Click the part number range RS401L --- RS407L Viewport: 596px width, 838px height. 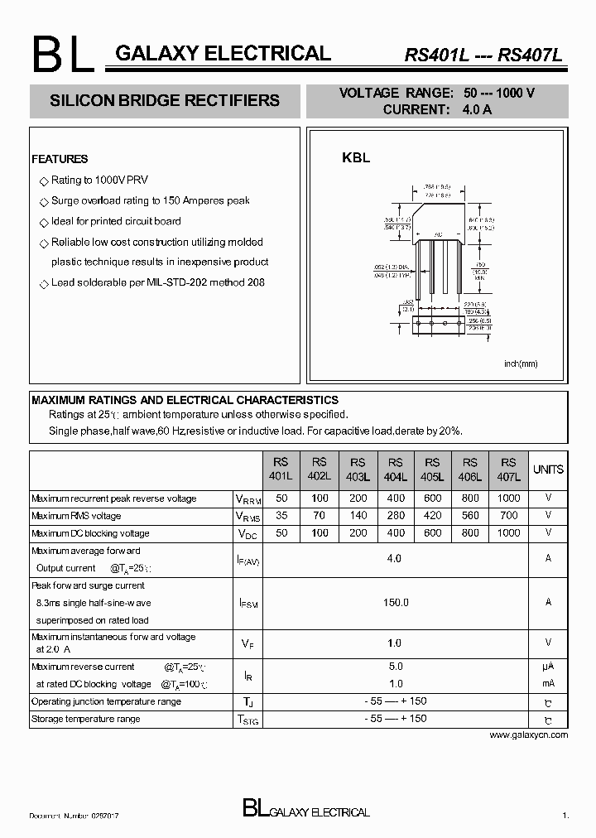click(x=483, y=56)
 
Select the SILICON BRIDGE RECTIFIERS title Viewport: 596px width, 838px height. click(x=165, y=100)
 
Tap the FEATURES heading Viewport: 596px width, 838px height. click(x=60, y=159)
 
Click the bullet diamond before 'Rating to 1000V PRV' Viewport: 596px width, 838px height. click(x=44, y=181)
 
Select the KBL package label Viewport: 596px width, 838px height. click(x=356, y=157)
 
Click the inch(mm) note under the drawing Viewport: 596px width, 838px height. click(x=521, y=364)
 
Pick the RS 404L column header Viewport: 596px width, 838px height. click(x=396, y=470)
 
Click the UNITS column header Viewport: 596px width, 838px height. click(x=548, y=470)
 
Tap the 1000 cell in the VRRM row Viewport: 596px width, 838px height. click(x=508, y=498)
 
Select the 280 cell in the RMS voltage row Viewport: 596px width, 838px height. click(x=396, y=516)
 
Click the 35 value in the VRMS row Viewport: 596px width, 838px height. click(x=281, y=516)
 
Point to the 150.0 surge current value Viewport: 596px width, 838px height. click(x=395, y=602)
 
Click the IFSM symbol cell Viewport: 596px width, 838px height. click(x=249, y=604)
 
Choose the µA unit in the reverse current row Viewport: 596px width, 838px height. click(x=548, y=667)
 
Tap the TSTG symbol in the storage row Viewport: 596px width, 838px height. click(x=249, y=720)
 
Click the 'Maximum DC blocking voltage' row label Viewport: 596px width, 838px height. click(x=90, y=533)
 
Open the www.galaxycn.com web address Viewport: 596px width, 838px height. click(x=529, y=734)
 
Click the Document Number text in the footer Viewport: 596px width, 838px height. click(x=74, y=816)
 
